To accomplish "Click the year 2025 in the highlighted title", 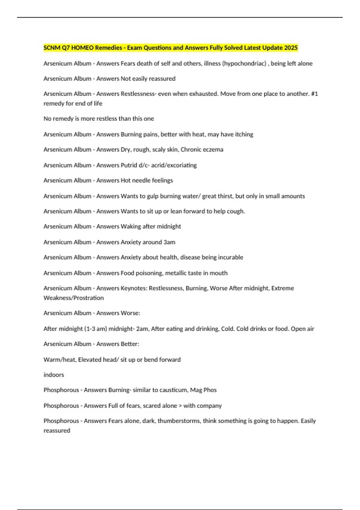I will coord(291,48).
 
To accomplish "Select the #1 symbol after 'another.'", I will coord(314,94).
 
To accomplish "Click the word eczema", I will coord(212,149).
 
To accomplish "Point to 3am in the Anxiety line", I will coord(169,242).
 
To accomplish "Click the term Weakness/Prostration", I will coord(73,298).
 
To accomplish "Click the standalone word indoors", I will coord(54,375).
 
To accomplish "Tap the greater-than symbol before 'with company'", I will coord(180,406).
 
